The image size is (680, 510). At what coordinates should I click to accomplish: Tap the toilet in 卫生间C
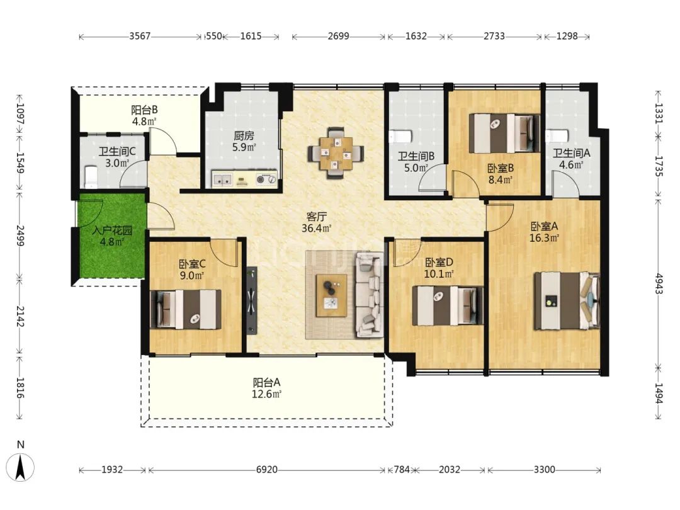pyautogui.click(x=91, y=176)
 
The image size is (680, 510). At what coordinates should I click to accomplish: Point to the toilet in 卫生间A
pyautogui.click(x=557, y=136)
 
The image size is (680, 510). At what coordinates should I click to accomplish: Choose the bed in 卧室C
pyautogui.click(x=186, y=309)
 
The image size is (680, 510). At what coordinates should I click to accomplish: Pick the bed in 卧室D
pyautogui.click(x=448, y=305)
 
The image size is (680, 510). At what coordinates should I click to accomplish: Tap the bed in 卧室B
pyautogui.click(x=504, y=133)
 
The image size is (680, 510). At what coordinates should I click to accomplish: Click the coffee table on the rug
pyautogui.click(x=332, y=296)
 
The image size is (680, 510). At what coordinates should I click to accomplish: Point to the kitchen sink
pyautogui.click(x=223, y=179)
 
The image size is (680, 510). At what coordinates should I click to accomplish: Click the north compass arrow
pyautogui.click(x=20, y=467)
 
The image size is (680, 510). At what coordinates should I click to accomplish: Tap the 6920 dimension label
pyautogui.click(x=267, y=470)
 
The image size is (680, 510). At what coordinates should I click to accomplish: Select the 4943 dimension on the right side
pyautogui.click(x=659, y=283)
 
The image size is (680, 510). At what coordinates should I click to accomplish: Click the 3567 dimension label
pyautogui.click(x=140, y=36)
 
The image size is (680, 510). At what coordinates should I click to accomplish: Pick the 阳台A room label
pyautogui.click(x=267, y=382)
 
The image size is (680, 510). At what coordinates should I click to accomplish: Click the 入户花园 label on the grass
pyautogui.click(x=112, y=230)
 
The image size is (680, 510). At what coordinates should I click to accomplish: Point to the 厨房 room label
pyautogui.click(x=244, y=136)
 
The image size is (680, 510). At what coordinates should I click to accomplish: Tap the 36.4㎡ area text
pyautogui.click(x=317, y=228)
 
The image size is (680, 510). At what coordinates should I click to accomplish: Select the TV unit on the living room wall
pyautogui.click(x=252, y=300)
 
